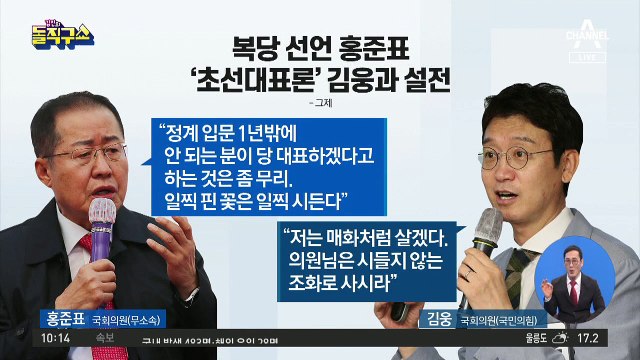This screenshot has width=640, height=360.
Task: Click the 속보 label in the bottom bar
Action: point(77,340)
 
